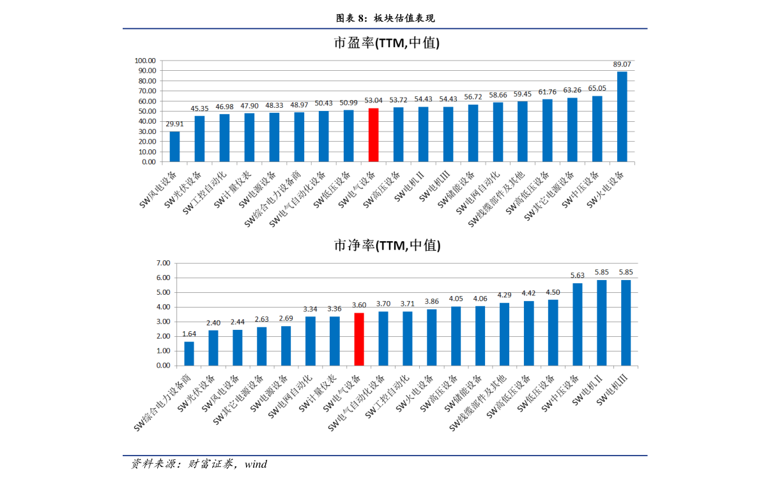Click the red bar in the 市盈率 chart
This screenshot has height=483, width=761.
(373, 135)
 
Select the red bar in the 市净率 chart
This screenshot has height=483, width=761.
(358, 339)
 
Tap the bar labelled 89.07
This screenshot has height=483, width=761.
(622, 117)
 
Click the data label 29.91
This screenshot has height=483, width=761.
(174, 124)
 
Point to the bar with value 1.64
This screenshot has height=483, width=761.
(188, 353)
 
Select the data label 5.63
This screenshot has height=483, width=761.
(577, 275)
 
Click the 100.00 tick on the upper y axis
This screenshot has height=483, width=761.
(145, 61)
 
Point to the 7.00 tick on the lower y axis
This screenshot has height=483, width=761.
(163, 263)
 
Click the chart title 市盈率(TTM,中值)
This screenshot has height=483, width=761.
(387, 43)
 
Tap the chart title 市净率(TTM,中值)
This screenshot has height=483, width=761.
(387, 246)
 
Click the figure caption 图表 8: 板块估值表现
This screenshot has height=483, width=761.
(385, 19)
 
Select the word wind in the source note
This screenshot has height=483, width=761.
(256, 464)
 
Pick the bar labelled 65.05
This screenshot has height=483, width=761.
(597, 129)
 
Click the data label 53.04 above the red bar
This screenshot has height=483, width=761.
(374, 100)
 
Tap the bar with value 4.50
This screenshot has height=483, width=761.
(553, 333)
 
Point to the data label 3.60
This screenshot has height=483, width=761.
(359, 305)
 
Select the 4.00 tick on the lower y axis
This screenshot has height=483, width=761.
(163, 307)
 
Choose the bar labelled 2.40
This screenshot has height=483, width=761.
(213, 348)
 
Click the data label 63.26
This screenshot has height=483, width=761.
(573, 90)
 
